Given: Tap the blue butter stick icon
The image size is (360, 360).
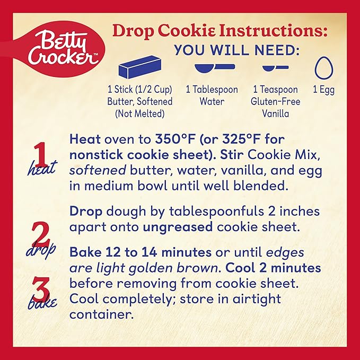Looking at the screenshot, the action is (140, 67).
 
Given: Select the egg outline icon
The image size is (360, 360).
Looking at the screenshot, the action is (324, 68).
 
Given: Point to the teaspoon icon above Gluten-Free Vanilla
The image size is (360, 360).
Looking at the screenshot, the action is (276, 68).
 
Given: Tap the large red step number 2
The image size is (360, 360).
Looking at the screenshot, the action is (40, 234).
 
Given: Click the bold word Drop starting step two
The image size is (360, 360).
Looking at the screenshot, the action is (86, 212).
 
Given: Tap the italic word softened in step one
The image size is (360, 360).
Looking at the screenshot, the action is (98, 170).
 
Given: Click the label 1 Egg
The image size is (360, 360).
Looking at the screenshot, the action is (324, 90).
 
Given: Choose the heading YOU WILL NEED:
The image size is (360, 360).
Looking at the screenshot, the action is (237, 50).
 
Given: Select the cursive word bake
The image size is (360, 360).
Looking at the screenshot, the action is (42, 303).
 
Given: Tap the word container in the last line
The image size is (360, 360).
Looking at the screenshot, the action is (101, 314).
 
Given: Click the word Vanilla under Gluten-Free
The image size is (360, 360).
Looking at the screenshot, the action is (276, 113).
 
